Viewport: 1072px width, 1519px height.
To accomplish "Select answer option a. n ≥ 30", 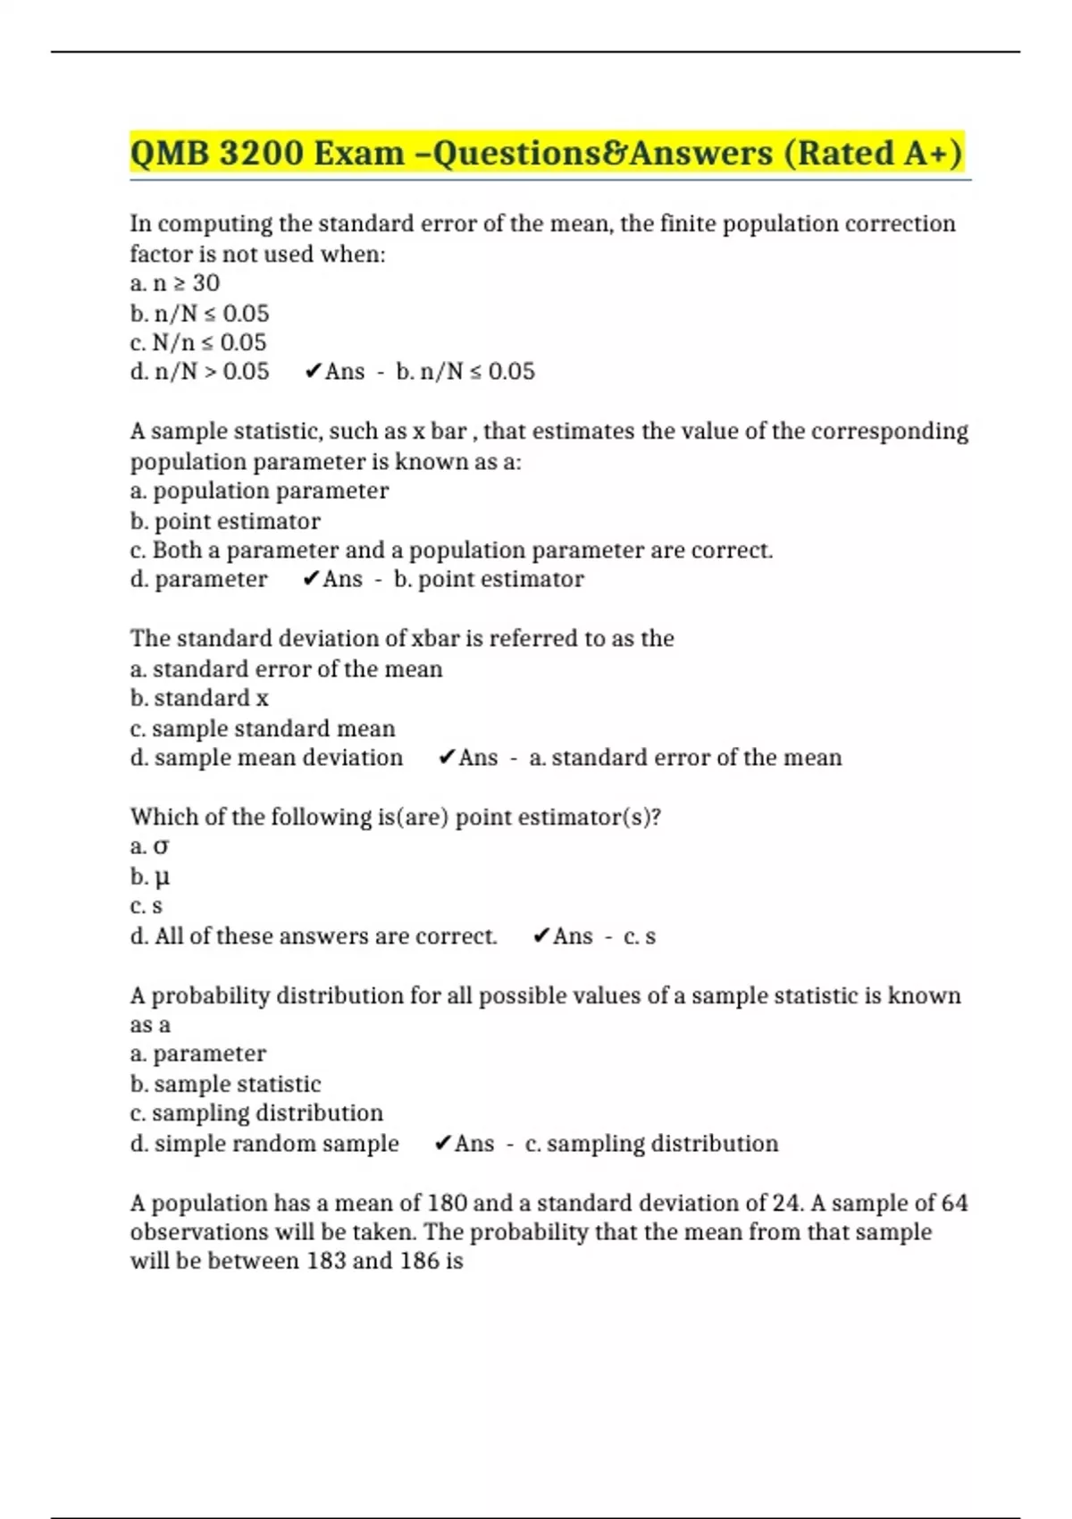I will (175, 283).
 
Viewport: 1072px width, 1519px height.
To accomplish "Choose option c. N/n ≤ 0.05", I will (198, 342).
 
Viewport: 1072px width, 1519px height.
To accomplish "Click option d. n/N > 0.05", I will (199, 372).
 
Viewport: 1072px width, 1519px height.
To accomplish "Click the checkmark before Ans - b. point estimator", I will (311, 579).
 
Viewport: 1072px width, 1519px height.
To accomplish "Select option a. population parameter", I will (259, 491).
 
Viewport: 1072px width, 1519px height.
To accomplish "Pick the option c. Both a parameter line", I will (451, 550).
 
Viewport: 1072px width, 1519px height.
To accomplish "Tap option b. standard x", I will (199, 698).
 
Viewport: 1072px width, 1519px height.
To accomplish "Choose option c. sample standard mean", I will (263, 728).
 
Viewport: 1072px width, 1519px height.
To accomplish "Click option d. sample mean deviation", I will (266, 758).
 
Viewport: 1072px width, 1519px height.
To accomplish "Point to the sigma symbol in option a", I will (161, 846).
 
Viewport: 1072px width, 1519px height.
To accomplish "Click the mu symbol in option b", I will (162, 877).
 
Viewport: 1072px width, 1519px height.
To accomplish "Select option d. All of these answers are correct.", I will (314, 936).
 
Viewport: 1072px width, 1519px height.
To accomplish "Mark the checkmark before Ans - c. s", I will (541, 936).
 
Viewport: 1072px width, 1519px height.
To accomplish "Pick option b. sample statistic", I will (225, 1084).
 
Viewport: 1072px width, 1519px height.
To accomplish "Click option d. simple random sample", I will (264, 1144).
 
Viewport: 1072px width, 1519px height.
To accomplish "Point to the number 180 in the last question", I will (448, 1203).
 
